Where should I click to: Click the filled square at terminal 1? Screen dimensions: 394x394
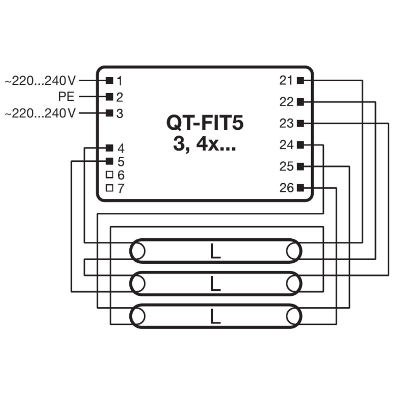pyautogui.click(x=109, y=81)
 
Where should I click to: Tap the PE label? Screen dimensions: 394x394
pyautogui.click(x=66, y=97)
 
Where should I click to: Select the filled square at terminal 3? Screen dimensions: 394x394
pyautogui.click(x=109, y=113)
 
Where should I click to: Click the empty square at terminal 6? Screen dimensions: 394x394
pyautogui.click(x=109, y=175)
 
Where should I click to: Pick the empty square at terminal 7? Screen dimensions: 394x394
pyautogui.click(x=109, y=188)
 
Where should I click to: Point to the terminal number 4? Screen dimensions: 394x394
pyautogui.click(x=121, y=148)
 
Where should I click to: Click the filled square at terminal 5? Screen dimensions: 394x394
pyautogui.click(x=109, y=161)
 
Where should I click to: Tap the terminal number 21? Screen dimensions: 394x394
pyautogui.click(x=286, y=81)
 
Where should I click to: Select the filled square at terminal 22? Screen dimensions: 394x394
pyautogui.click(x=300, y=102)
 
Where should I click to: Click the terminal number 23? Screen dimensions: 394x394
pyautogui.click(x=286, y=123)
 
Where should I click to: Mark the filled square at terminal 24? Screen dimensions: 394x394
pyautogui.click(x=300, y=145)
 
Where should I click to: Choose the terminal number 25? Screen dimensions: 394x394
pyautogui.click(x=286, y=166)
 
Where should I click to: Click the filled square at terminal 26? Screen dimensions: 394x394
pyautogui.click(x=300, y=188)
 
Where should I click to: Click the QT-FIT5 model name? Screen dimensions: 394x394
pyautogui.click(x=205, y=123)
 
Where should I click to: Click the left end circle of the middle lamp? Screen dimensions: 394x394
pyautogui.click(x=137, y=284)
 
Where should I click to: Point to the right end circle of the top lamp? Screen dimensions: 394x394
pyautogui.click(x=294, y=251)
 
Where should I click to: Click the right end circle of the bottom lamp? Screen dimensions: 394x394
pyautogui.click(x=294, y=316)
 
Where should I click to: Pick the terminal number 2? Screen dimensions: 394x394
pyautogui.click(x=120, y=97)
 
